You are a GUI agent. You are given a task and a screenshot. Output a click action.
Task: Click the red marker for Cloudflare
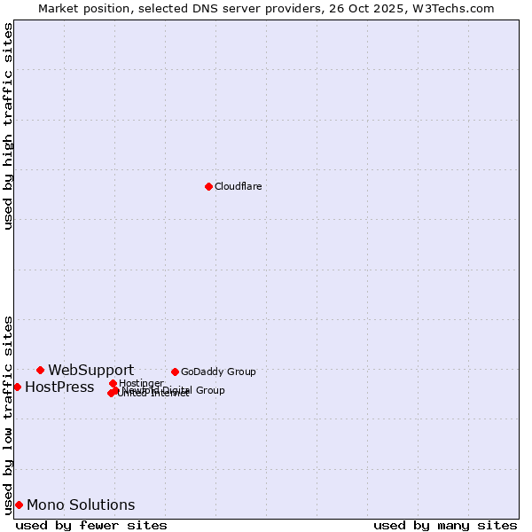[x=208, y=186]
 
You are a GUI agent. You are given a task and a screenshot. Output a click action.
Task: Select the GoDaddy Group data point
[x=175, y=372]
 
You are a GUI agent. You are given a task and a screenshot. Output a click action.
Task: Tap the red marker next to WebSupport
[x=40, y=370]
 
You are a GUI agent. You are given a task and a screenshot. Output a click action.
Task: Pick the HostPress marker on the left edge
[x=17, y=387]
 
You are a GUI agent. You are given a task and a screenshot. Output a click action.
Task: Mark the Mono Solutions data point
[x=19, y=505]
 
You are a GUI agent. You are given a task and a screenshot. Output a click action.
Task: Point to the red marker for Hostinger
[x=113, y=383]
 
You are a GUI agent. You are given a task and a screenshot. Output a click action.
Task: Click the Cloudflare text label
[x=238, y=186]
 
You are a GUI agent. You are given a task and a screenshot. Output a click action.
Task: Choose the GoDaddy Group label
[x=218, y=372]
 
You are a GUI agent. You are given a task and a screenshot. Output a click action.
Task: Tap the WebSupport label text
[x=90, y=370]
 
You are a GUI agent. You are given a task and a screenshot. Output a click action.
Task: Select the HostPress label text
[x=59, y=387]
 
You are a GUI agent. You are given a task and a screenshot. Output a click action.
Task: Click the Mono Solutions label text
[x=81, y=505]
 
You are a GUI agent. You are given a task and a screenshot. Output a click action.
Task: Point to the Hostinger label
[x=141, y=383]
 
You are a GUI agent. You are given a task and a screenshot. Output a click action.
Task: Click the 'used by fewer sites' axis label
[x=91, y=525]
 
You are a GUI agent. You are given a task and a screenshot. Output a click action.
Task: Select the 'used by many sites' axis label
[x=445, y=525]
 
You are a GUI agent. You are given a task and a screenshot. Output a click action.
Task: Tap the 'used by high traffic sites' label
[x=8, y=126]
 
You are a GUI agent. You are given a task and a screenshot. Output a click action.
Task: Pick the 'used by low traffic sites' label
[x=8, y=414]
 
